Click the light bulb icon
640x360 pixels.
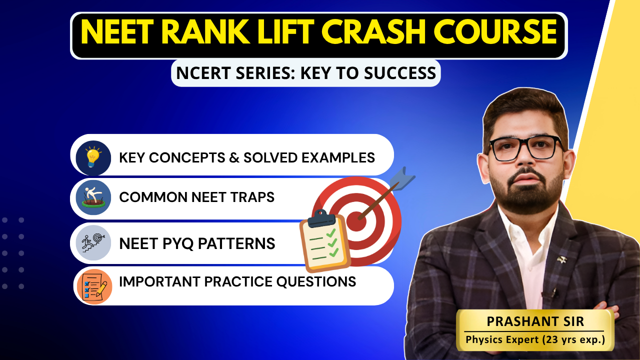coord(93,157)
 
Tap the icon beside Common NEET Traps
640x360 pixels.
coord(93,197)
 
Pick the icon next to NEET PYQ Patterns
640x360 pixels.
coord(93,243)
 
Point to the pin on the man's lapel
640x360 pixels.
coord(563,259)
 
